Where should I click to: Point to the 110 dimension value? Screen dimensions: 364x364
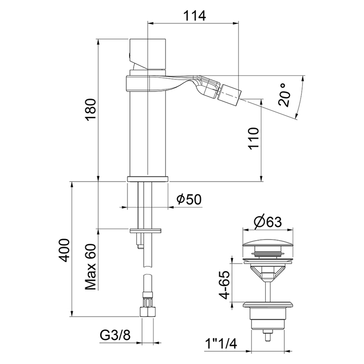tap(253, 139)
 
